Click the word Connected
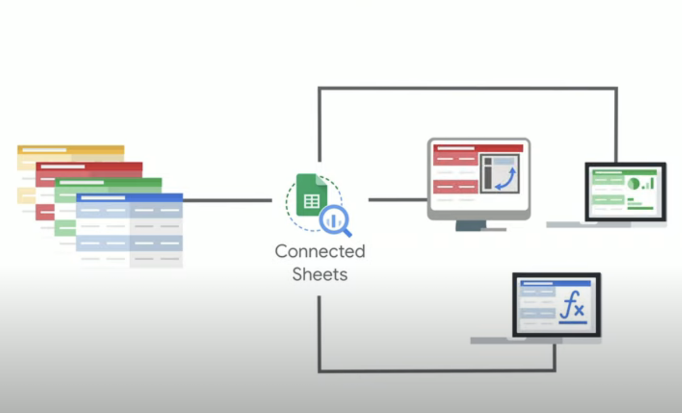coord(320,251)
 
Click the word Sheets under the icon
coord(319,274)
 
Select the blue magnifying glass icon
coord(335,222)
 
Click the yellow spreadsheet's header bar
coord(70,150)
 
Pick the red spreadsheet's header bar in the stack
coord(89,167)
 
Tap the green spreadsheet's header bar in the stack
coord(108,182)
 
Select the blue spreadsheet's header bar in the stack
coord(129,198)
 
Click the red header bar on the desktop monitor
coord(478,148)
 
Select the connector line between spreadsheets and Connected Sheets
coord(227,200)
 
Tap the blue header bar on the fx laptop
coord(556,283)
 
